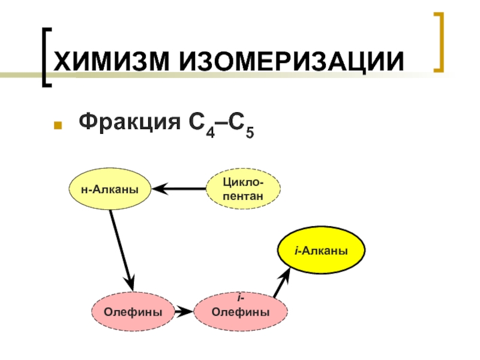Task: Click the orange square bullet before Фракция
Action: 58,127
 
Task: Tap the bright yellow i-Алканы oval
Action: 321,249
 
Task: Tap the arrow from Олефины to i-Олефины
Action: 186,311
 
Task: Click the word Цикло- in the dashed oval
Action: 243,182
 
